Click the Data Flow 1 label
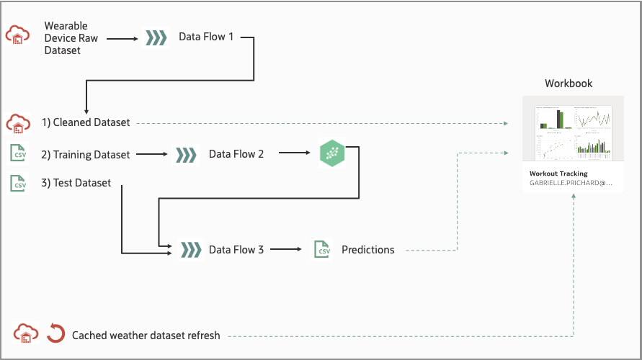click(206, 37)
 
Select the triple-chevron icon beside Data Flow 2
click(186, 154)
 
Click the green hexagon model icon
click(332, 153)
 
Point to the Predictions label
click(368, 250)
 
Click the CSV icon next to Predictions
click(321, 249)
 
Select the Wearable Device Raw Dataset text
click(72, 37)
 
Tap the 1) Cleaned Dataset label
click(86, 122)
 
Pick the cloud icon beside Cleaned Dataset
click(18, 123)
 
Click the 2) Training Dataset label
click(86, 154)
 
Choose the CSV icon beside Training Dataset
click(18, 153)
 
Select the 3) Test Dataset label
click(76, 183)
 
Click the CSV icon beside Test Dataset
click(18, 183)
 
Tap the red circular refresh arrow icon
click(55, 334)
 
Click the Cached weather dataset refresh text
click(146, 335)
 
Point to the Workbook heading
click(569, 84)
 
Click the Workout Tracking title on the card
click(558, 174)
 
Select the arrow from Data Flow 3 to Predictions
click(286, 250)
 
